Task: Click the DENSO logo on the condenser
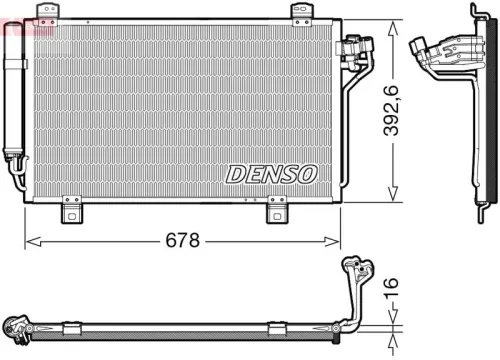[271, 174]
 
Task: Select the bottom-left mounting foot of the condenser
[71, 210]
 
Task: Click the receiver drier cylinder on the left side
[14, 100]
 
